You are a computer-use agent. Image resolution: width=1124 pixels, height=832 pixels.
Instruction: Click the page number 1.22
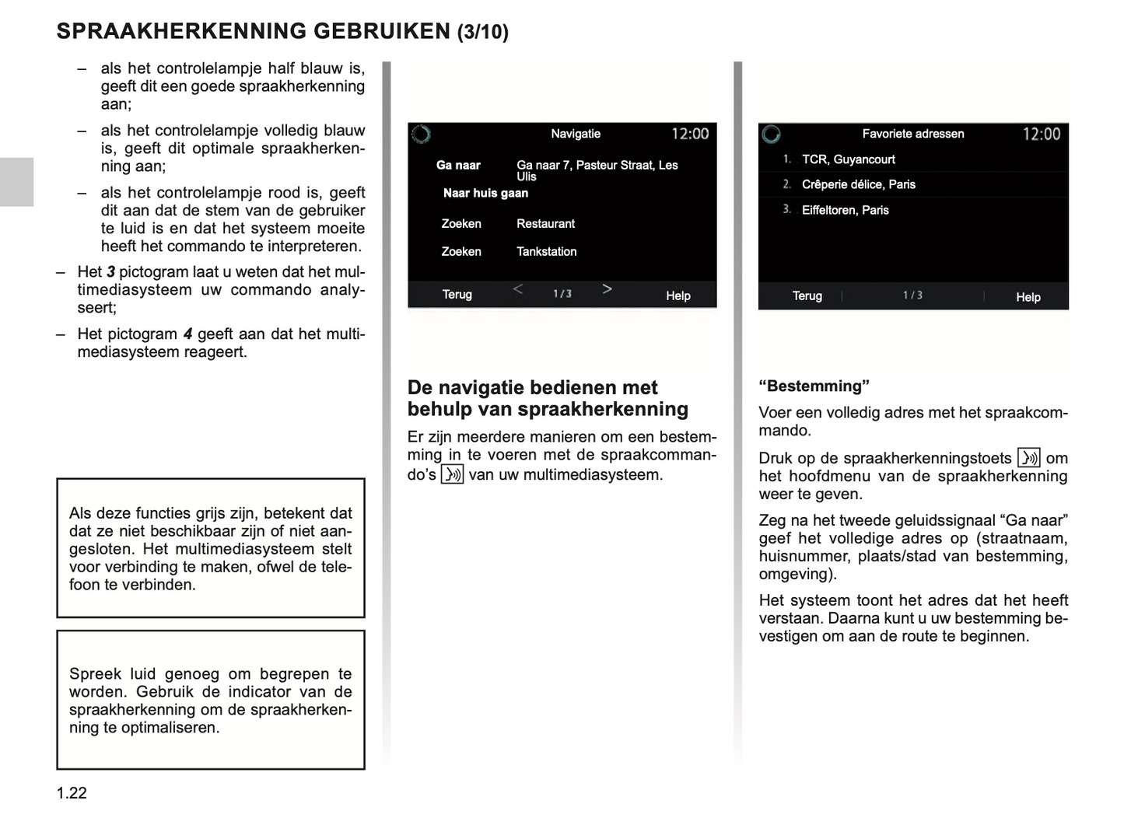(72, 793)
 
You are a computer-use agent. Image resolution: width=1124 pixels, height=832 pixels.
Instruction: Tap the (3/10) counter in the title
(482, 32)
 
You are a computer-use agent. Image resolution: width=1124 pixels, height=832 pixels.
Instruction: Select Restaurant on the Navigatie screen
(545, 224)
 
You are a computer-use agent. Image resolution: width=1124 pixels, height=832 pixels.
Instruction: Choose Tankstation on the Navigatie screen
(546, 252)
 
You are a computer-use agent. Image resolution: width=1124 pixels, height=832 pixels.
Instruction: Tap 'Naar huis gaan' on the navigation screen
(485, 194)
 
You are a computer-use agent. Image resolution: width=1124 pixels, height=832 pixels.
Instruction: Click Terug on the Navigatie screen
(457, 295)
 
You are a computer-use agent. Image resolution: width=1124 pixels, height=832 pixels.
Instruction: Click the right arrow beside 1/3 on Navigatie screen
(607, 289)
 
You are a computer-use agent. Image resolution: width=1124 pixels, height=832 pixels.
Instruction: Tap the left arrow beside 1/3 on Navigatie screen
(518, 289)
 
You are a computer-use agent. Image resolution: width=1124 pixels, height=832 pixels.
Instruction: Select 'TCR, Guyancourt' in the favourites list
(848, 159)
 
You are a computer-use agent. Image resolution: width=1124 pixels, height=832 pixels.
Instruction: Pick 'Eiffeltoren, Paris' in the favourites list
(845, 210)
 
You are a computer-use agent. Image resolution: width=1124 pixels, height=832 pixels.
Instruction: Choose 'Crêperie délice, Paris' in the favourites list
(858, 184)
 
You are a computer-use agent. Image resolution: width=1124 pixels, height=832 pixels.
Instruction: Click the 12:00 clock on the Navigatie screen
(690, 134)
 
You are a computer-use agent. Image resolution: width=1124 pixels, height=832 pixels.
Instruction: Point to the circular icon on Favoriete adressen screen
(771, 134)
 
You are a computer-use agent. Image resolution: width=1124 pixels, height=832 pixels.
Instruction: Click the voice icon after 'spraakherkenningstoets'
(1028, 458)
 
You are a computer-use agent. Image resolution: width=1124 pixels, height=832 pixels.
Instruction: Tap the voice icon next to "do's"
(452, 474)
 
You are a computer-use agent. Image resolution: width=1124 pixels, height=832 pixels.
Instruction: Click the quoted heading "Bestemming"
(814, 386)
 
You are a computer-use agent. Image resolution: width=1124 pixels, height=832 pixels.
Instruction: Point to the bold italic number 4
(187, 334)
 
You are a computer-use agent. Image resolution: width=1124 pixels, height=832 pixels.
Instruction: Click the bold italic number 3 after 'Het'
(110, 272)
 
